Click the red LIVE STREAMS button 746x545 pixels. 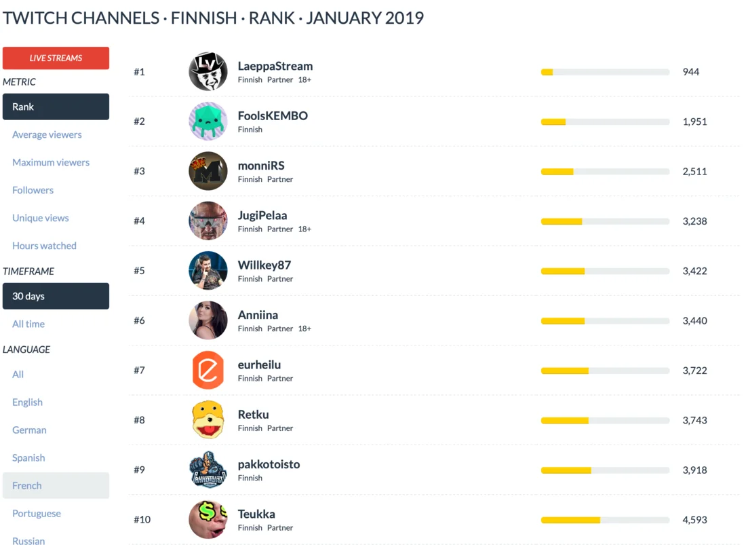click(56, 58)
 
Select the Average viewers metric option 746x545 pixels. click(47, 134)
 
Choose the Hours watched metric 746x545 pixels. click(44, 246)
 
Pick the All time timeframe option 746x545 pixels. click(28, 324)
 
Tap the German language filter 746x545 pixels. click(29, 430)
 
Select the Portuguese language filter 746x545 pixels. click(37, 513)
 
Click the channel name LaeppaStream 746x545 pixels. click(275, 67)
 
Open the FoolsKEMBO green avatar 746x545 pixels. click(208, 121)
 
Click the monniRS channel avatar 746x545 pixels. click(208, 171)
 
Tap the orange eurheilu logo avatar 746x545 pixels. click(208, 370)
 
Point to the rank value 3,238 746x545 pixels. click(694, 221)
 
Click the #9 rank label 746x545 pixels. click(139, 470)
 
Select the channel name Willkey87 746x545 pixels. click(264, 265)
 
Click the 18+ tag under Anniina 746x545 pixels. click(305, 328)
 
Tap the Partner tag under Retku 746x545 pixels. click(279, 428)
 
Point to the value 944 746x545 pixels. click(690, 72)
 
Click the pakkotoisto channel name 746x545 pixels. click(269, 464)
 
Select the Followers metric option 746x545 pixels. click(33, 190)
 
